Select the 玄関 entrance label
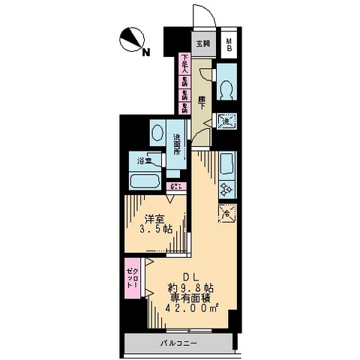(x=203, y=43)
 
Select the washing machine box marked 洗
(x=227, y=121)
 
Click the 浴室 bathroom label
(x=144, y=160)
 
